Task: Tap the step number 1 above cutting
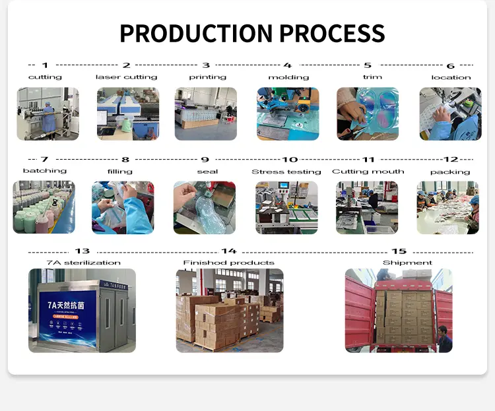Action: coord(45,65)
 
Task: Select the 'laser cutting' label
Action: coord(126,77)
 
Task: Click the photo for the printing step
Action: coord(205,113)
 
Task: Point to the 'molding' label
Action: coord(288,77)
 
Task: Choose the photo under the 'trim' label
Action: coord(368,113)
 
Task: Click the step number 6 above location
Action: coord(451,66)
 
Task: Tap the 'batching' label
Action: coord(45,171)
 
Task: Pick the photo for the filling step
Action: coord(123,207)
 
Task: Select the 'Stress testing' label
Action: coord(286,172)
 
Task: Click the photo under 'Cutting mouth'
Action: coord(368,207)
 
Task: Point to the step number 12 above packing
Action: coord(451,160)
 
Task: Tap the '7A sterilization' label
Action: coord(82,263)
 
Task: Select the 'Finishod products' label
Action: coord(228,263)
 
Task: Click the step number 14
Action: coord(228,251)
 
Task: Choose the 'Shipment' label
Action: coord(398,263)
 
